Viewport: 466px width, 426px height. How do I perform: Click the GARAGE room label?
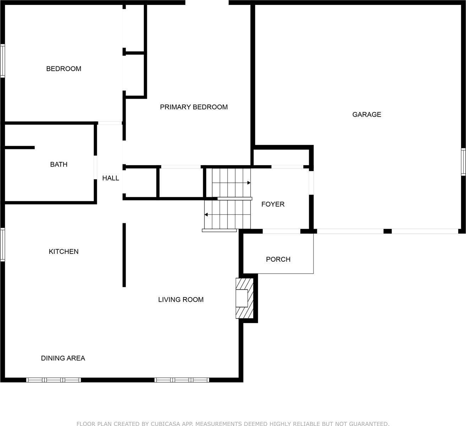367,114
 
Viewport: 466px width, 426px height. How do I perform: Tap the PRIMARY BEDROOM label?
194,107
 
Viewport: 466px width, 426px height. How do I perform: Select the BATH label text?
59,164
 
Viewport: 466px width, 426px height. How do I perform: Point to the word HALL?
110,178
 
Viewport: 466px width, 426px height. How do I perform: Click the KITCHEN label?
64,251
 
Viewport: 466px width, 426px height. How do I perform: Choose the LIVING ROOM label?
181,300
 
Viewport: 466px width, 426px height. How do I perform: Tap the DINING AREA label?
63,358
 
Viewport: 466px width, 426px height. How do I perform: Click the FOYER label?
273,204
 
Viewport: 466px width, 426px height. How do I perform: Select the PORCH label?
278,259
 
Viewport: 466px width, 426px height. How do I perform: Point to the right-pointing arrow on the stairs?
249,183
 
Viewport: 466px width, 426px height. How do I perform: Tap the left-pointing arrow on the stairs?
206,214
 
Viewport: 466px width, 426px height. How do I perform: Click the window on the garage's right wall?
463,162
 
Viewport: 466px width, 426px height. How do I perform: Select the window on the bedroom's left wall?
2,61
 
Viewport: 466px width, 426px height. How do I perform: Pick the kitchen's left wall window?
2,245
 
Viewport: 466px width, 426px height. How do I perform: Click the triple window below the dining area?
54,380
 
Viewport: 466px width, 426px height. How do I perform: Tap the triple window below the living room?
182,380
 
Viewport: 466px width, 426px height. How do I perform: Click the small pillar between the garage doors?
388,231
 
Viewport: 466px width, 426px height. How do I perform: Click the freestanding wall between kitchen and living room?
124,255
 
